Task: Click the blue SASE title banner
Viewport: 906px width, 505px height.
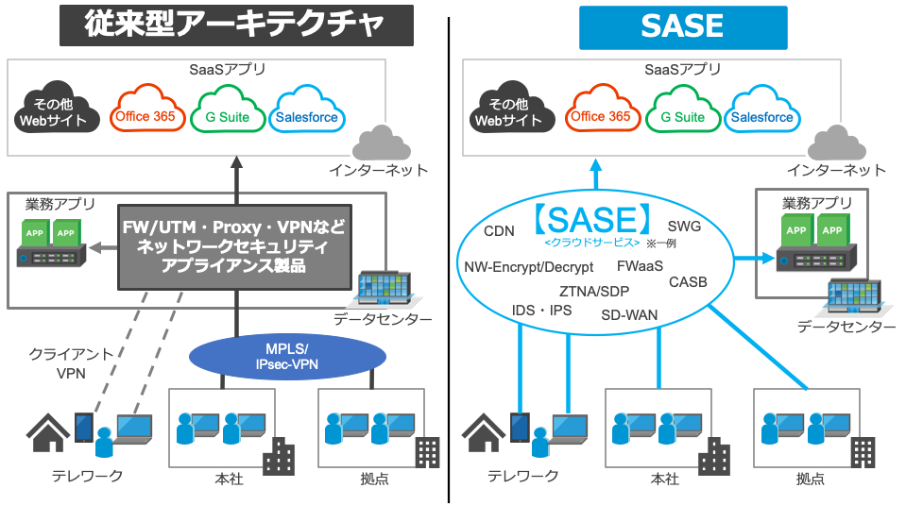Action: [x=682, y=26]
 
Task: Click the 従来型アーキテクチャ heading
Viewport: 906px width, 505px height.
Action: [x=236, y=25]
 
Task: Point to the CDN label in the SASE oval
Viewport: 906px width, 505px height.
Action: [x=499, y=231]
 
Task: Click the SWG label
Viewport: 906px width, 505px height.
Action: [x=684, y=227]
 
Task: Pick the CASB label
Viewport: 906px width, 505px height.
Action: [x=688, y=281]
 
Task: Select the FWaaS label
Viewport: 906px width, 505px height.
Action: [x=640, y=266]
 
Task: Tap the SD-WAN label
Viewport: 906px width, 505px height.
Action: [x=629, y=314]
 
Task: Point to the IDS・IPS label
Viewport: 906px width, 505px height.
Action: [x=541, y=310]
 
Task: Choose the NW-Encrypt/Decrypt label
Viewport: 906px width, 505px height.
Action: [x=528, y=267]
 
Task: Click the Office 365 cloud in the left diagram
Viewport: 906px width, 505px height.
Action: [x=145, y=116]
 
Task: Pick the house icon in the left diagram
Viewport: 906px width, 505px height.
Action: [x=47, y=431]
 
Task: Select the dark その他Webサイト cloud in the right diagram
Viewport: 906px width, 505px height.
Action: [x=507, y=112]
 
